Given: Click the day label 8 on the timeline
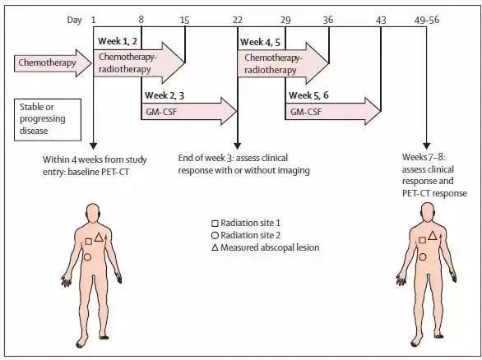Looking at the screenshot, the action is pos(141,20).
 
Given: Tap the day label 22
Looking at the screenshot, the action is pos(238,20).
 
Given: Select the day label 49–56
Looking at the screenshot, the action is pos(427,20).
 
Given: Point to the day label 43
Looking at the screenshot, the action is pos(381,21).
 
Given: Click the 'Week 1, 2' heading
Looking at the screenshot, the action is pos(118,41).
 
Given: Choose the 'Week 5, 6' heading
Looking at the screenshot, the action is pos(308,95).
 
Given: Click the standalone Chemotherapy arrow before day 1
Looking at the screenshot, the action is pos(53,63).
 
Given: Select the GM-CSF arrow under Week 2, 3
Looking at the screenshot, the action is pos(189,111).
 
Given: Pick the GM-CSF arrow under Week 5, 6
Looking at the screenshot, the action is pos(333,111).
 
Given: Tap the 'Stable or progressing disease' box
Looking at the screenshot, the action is pos(48,120).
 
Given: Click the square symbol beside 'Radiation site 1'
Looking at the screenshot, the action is pos(215,224).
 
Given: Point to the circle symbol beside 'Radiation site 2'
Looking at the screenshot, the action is pos(215,235).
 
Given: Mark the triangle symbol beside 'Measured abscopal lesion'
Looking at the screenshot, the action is pos(215,247).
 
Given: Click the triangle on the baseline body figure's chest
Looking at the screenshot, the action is pos(99,238).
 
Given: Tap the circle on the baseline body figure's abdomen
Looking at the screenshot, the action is pos(87,257).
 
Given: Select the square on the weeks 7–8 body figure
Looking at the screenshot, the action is pos(423,240).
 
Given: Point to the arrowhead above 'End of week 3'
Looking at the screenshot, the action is pos(238,146).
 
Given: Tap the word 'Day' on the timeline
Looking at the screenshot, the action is pos(74,21).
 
